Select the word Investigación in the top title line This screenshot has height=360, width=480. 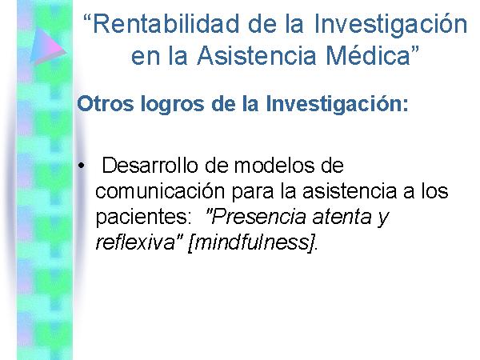click(x=390, y=25)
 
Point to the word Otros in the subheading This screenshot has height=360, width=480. click(x=106, y=103)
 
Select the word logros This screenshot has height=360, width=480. click(x=173, y=105)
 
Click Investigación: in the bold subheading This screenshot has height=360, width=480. click(x=337, y=104)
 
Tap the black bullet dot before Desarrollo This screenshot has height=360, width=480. click(x=81, y=166)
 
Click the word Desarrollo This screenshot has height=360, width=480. click(x=150, y=165)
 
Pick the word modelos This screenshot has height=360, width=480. click(x=274, y=166)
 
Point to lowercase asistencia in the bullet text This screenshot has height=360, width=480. click(x=350, y=191)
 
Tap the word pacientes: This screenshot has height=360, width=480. click(x=143, y=217)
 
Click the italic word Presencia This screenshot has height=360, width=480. click(x=257, y=217)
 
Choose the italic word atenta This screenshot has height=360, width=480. click(x=342, y=217)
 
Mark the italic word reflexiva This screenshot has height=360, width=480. click(x=135, y=242)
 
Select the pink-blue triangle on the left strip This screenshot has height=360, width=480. click(x=48, y=46)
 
